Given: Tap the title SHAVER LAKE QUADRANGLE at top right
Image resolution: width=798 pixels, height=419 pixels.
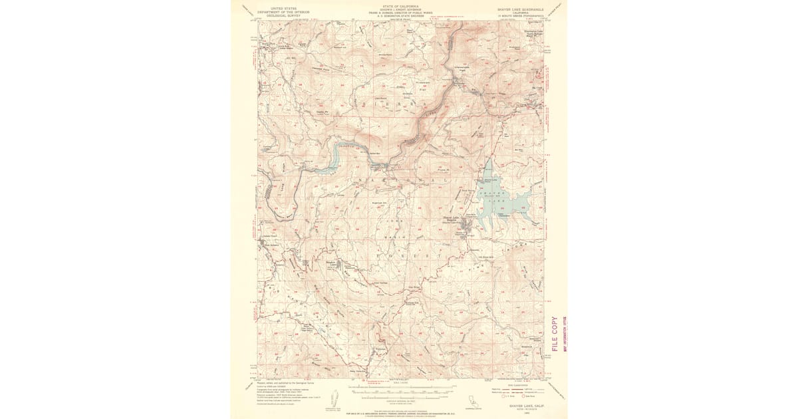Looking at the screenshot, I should (520, 9).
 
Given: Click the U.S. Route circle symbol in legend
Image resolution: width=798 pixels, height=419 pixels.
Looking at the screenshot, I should (510, 397).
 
